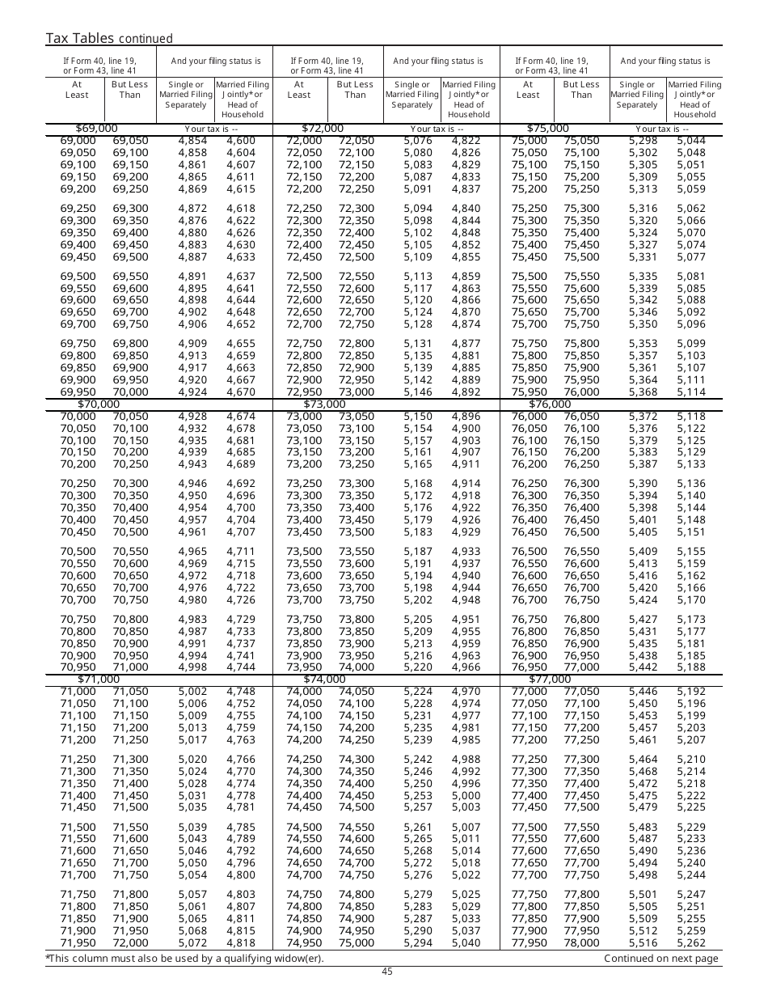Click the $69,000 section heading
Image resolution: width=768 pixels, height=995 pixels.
(x=96, y=129)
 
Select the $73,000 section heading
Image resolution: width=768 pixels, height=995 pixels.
(x=323, y=404)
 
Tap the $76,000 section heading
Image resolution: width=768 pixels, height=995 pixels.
(x=550, y=404)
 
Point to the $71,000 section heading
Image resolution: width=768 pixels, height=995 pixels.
(x=99, y=680)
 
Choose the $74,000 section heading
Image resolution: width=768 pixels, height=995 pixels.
(x=323, y=680)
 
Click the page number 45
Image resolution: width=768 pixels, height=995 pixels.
(x=387, y=972)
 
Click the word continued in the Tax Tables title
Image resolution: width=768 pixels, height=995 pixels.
(x=146, y=39)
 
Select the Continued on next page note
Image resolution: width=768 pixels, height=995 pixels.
(x=660, y=959)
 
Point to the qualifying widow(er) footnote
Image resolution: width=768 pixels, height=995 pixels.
(x=184, y=959)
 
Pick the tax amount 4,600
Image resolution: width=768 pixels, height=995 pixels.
(x=241, y=141)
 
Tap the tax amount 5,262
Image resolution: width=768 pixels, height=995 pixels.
(x=691, y=943)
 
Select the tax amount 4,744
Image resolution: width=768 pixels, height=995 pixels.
(x=241, y=667)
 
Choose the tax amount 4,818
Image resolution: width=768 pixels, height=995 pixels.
(x=241, y=943)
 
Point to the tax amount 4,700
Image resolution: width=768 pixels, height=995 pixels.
(x=241, y=508)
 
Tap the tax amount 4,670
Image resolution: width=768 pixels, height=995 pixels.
(x=241, y=392)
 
